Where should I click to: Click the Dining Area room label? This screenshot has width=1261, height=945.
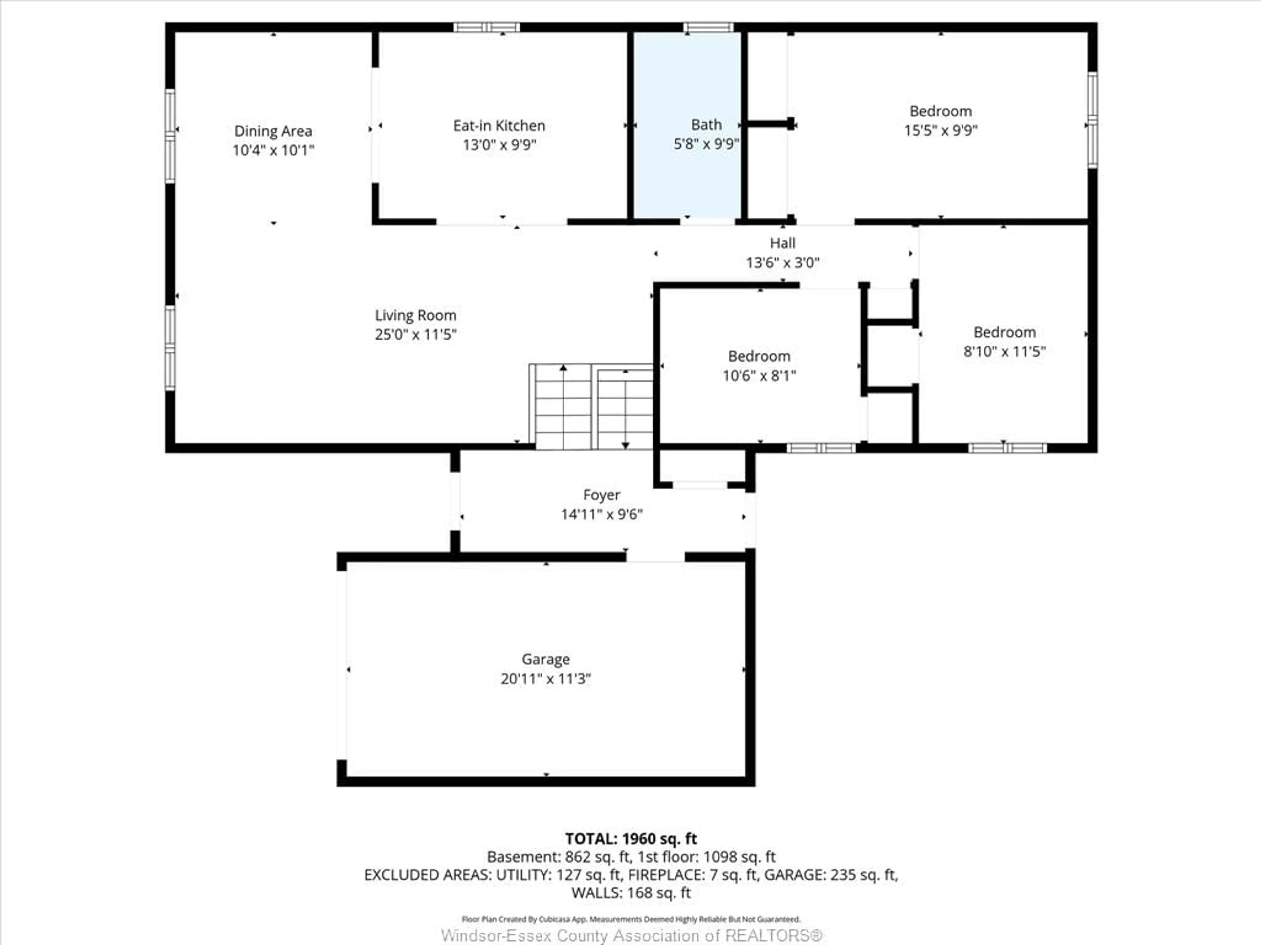[273, 131]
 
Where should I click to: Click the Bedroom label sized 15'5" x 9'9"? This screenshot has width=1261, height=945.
[940, 111]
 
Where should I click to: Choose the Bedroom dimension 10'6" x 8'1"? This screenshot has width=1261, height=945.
[759, 375]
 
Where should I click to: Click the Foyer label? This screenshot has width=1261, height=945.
[601, 494]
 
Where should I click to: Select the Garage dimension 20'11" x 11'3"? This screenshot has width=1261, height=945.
[545, 679]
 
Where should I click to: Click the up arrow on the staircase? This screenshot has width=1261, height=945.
[563, 368]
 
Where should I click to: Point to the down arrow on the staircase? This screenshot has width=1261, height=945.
[625, 445]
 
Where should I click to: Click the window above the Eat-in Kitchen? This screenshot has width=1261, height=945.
[486, 27]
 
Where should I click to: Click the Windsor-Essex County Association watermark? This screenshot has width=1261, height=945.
[631, 935]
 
